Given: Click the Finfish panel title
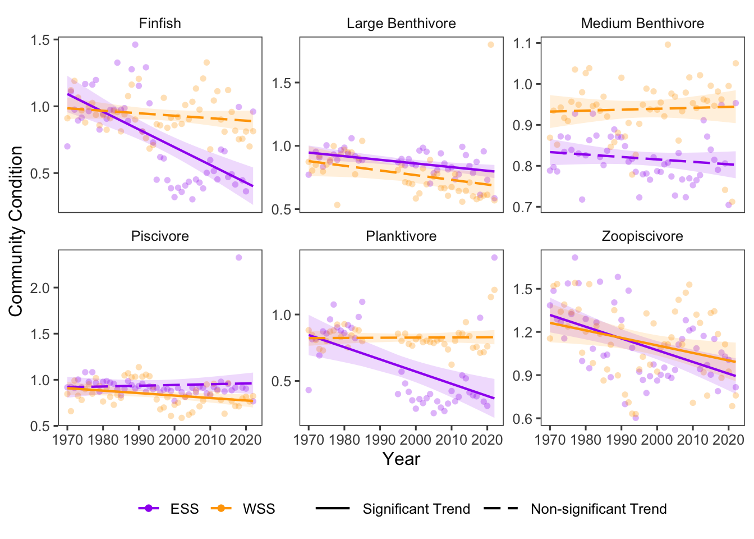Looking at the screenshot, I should click(x=160, y=24).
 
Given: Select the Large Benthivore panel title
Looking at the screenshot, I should click(x=401, y=24).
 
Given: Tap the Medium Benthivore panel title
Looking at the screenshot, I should click(x=642, y=24).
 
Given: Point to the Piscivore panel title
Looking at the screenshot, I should click(x=160, y=236).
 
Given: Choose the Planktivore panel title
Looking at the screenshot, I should click(x=401, y=236).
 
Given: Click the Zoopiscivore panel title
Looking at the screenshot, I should click(x=642, y=236).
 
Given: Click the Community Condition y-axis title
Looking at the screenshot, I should click(x=16, y=231).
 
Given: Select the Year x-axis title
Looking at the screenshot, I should click(x=401, y=459).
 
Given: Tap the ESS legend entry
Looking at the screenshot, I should click(x=184, y=509).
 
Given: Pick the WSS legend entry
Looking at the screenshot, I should click(x=258, y=509).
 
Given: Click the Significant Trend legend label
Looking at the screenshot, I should click(x=416, y=509).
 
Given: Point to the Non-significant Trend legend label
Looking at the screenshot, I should click(x=599, y=509).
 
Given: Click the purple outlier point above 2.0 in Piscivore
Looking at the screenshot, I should click(x=238, y=258).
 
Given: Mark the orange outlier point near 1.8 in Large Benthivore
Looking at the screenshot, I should click(x=490, y=45).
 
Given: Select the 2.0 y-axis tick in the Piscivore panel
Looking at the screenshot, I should click(x=43, y=288).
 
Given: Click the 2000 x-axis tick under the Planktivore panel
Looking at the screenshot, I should click(x=416, y=439).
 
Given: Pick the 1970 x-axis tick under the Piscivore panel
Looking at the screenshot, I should click(x=67, y=439).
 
